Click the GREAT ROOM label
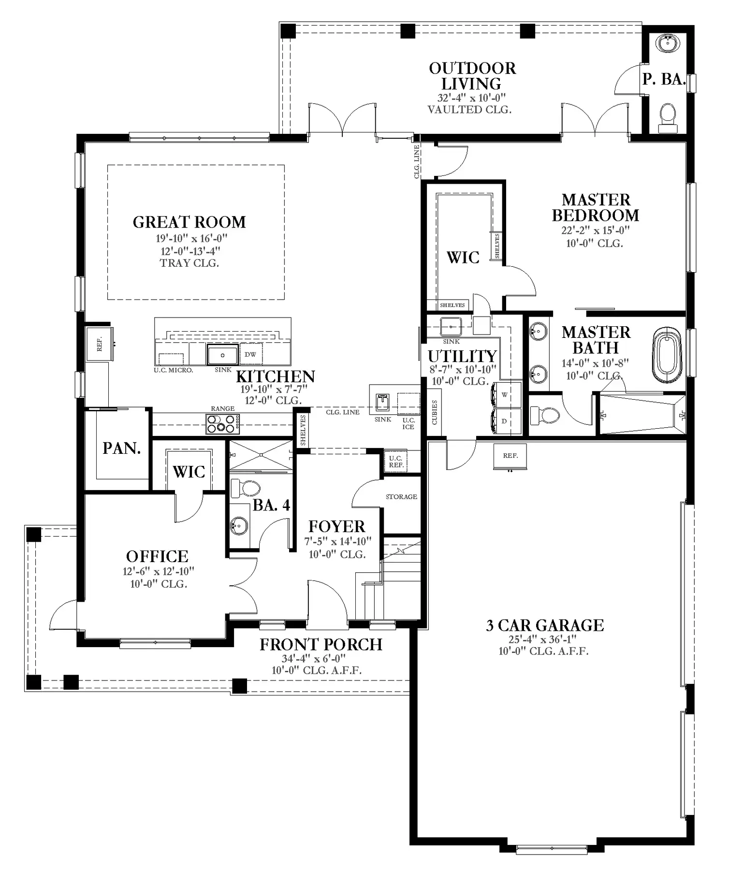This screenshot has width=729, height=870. pyautogui.click(x=189, y=222)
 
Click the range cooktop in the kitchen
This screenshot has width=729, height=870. pyautogui.click(x=222, y=424)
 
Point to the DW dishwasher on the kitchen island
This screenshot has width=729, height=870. pyautogui.click(x=250, y=354)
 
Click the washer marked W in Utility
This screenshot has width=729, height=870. pyautogui.click(x=506, y=395)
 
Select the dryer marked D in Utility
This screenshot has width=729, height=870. pyautogui.click(x=506, y=421)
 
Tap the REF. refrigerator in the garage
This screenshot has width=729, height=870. pyautogui.click(x=510, y=456)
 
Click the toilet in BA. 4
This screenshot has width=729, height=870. pyautogui.click(x=245, y=488)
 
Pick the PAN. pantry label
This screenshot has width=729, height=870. pyautogui.click(x=121, y=448)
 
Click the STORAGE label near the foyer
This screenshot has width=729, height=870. pyautogui.click(x=401, y=496)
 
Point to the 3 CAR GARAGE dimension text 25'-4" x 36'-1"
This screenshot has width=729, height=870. pyautogui.click(x=542, y=639)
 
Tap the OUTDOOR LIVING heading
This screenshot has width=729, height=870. pyautogui.click(x=472, y=76)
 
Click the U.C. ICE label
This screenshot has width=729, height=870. pyautogui.click(x=408, y=423)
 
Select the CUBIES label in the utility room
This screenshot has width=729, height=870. pyautogui.click(x=435, y=412)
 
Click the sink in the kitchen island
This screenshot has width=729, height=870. pyautogui.click(x=222, y=354)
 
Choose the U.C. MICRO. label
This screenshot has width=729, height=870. pyautogui.click(x=174, y=370)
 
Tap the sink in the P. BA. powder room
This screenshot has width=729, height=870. pyautogui.click(x=668, y=43)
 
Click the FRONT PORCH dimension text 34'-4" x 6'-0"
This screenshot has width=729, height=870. pyautogui.click(x=314, y=658)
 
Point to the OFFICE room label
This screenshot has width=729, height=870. pyautogui.click(x=157, y=556)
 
